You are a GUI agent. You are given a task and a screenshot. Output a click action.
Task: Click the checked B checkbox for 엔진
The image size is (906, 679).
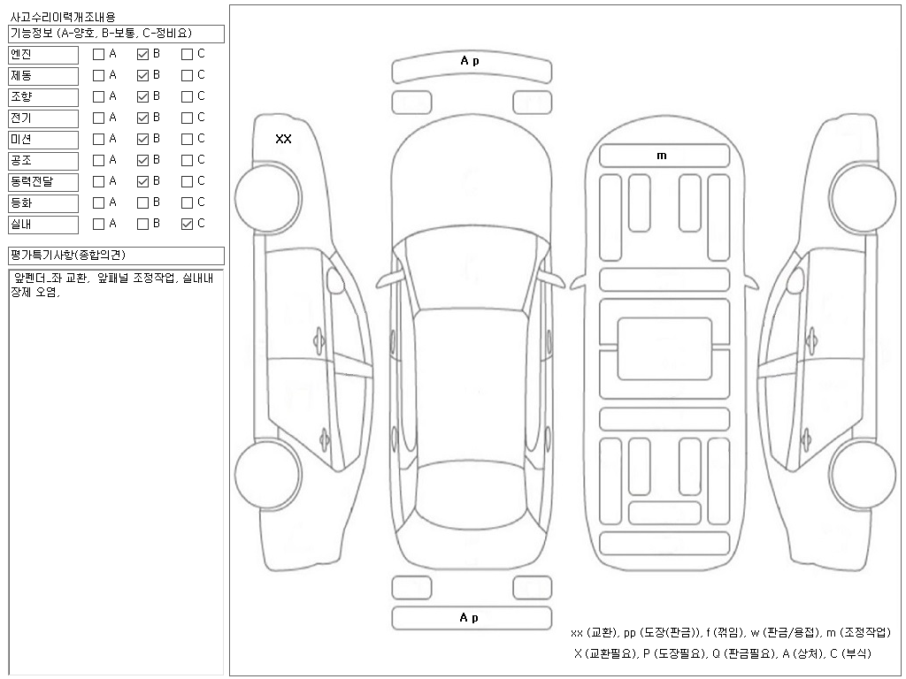(142, 54)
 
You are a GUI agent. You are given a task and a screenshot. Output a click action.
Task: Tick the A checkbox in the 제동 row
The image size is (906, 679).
(98, 75)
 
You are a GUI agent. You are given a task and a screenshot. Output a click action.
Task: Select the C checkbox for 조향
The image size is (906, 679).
(187, 96)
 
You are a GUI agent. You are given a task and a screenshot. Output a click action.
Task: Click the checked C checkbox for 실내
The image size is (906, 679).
(187, 224)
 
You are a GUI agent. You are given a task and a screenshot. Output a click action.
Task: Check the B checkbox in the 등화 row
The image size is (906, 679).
(142, 202)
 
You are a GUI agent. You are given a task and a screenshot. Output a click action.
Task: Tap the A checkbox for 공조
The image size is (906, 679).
(98, 160)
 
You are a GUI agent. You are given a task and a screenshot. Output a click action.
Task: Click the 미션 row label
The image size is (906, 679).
(43, 140)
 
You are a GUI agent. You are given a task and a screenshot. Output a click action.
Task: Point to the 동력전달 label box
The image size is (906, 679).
(43, 182)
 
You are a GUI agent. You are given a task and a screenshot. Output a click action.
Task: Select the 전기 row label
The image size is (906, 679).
(43, 118)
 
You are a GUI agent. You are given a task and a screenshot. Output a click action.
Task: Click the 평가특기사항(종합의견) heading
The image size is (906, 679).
(116, 256)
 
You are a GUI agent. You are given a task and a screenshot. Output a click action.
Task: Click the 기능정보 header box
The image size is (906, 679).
(116, 34)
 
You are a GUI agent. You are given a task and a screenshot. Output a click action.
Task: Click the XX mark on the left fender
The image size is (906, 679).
(283, 139)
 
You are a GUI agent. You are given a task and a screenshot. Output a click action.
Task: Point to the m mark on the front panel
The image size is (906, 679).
(662, 156)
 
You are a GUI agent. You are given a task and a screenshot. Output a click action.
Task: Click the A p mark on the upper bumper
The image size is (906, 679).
(470, 61)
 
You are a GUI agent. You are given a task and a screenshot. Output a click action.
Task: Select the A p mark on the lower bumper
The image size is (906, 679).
(470, 618)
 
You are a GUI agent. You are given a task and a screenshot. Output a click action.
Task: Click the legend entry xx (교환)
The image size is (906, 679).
(595, 633)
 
